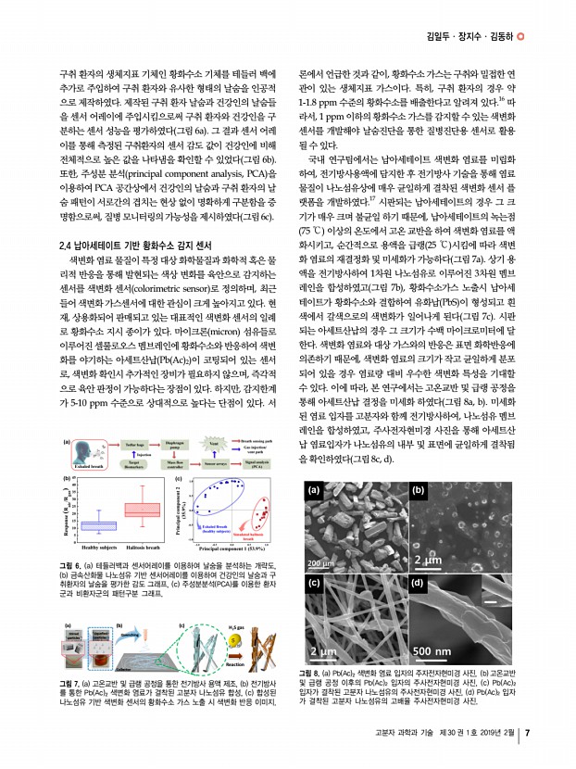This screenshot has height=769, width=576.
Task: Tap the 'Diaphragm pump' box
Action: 174,446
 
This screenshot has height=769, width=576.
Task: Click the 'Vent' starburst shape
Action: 212,445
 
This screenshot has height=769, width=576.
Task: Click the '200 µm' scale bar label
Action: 321,562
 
